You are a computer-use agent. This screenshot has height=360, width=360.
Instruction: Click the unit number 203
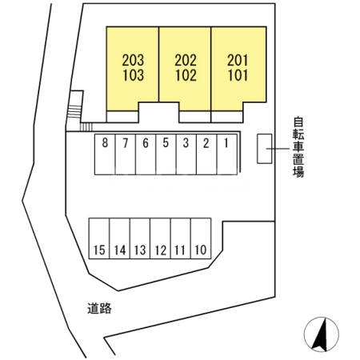click(x=133, y=60)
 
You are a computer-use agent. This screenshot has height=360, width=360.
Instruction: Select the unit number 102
click(x=186, y=75)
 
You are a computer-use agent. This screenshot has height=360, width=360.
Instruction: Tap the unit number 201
click(x=238, y=60)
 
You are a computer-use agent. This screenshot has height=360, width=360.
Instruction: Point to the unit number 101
click(x=238, y=75)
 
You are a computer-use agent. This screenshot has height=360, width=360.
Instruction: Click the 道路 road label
click(x=99, y=308)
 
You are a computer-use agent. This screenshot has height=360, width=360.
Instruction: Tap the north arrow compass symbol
click(x=322, y=334)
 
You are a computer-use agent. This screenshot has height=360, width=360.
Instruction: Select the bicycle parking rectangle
click(x=265, y=149)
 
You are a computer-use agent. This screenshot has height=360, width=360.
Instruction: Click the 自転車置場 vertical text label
click(x=298, y=147)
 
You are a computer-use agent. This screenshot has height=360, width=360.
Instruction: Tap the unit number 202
click(x=186, y=60)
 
